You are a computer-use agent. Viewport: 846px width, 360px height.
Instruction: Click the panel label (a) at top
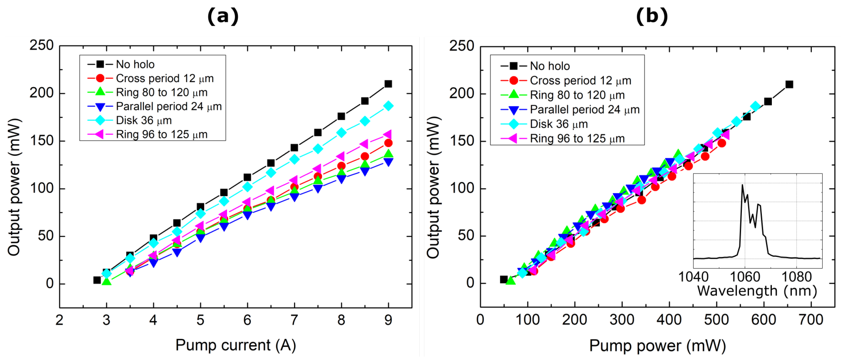coord(223,16)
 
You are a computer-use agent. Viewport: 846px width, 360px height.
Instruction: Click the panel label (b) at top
coord(652,16)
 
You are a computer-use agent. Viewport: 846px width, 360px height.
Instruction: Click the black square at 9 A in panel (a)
coord(388,84)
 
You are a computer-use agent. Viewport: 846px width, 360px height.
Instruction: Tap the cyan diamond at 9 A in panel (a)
coord(388,106)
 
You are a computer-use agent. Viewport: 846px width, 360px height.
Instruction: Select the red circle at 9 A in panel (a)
coord(388,143)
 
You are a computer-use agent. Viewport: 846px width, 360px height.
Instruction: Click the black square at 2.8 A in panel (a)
coord(97,280)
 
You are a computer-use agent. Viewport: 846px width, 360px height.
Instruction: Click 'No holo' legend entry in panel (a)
coord(135,64)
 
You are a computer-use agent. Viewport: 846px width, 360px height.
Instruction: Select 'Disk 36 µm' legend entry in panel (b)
coord(559,124)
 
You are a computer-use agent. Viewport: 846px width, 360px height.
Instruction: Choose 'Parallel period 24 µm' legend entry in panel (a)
coord(169,107)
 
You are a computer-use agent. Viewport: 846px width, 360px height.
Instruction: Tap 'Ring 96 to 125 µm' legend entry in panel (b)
coord(577,139)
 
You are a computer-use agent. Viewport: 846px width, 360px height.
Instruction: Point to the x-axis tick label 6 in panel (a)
coord(247,320)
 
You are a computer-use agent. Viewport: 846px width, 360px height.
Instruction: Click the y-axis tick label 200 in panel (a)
coord(42,93)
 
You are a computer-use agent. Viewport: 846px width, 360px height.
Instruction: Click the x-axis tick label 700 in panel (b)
coord(811,320)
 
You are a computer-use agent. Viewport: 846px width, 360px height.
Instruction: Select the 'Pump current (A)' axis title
coord(236,345)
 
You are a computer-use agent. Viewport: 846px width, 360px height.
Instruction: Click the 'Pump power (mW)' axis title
coord(657,346)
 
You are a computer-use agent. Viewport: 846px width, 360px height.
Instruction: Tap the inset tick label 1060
coord(745,277)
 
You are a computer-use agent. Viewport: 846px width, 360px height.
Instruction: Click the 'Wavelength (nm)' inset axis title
coord(757,291)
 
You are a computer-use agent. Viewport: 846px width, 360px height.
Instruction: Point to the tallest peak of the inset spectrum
coord(742,185)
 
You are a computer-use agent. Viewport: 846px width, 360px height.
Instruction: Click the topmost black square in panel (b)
coord(789,84)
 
